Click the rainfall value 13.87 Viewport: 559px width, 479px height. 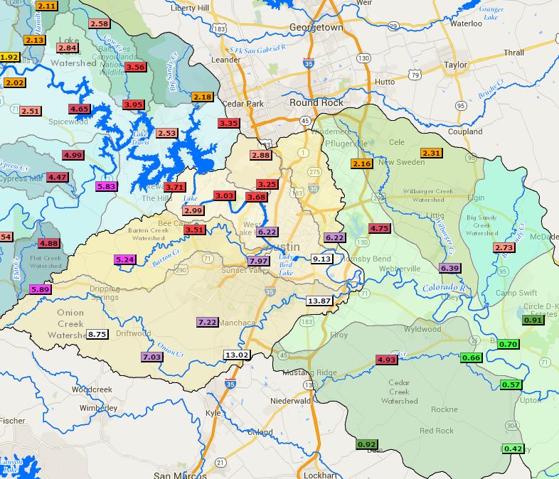(x=319, y=301)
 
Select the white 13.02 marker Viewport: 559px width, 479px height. (x=236, y=355)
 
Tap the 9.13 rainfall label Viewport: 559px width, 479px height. (x=322, y=259)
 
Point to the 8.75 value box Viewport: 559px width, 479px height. (x=97, y=333)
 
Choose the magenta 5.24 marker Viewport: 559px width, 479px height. (x=124, y=259)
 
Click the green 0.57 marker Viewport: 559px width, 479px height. (x=511, y=384)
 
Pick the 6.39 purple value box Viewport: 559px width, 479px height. (x=449, y=268)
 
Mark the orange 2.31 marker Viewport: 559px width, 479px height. (x=432, y=153)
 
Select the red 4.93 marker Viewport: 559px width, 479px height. (x=385, y=360)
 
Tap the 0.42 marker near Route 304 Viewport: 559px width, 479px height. (x=513, y=448)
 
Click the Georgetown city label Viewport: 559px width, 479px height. (x=316, y=27)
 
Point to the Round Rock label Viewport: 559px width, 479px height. (x=316, y=102)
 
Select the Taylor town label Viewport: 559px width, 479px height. (x=455, y=65)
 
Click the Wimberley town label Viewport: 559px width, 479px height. (x=98, y=409)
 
